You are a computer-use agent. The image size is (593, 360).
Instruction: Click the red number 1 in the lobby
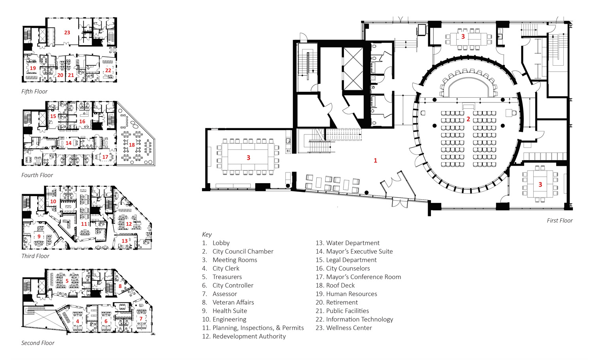375,160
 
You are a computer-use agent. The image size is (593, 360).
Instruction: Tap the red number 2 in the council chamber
468,119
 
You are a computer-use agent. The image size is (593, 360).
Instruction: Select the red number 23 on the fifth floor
67,32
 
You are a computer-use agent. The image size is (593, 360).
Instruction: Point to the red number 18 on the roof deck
132,145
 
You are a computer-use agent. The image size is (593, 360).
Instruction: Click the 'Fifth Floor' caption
34,91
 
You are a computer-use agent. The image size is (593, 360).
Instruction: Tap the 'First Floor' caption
560,220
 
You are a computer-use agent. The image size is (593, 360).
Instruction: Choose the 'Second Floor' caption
38,343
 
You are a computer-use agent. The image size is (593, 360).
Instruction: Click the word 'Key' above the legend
207,235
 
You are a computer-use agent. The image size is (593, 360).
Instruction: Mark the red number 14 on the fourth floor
68,143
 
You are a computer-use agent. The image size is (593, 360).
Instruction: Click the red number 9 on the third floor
39,236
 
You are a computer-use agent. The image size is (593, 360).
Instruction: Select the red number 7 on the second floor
141,319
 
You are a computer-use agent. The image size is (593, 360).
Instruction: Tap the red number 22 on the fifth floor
108,70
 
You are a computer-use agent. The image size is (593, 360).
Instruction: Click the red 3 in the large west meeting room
248,157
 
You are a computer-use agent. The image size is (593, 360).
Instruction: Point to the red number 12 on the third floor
128,224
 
